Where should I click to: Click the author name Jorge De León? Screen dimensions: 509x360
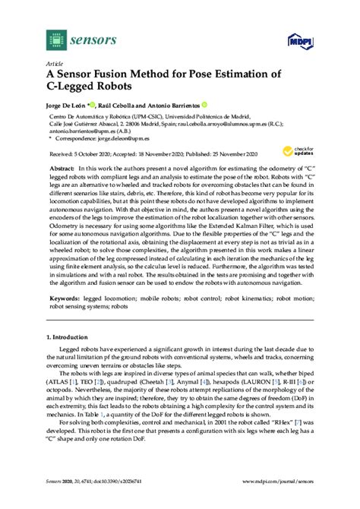(68, 105)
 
